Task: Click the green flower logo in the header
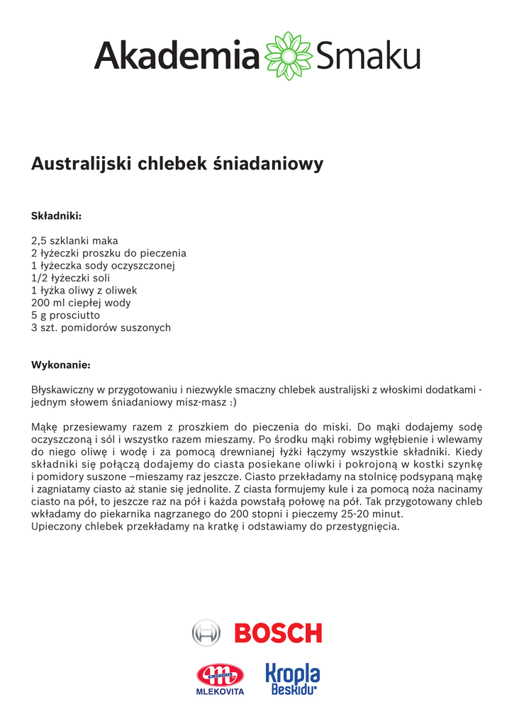click(x=289, y=56)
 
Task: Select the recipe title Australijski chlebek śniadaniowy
click(x=177, y=164)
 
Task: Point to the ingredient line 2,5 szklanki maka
click(x=74, y=240)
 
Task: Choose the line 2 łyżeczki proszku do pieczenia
click(x=108, y=253)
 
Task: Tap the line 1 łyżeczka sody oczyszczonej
click(x=103, y=266)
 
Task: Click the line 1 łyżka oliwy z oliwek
click(x=84, y=291)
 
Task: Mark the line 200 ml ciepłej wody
click(x=81, y=303)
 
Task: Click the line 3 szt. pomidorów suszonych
click(x=101, y=328)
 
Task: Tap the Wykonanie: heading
click(x=60, y=365)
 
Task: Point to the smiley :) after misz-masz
click(x=233, y=403)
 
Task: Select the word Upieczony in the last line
click(x=58, y=527)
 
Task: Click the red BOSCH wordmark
click(x=278, y=632)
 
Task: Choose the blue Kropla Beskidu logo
click(x=293, y=678)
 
